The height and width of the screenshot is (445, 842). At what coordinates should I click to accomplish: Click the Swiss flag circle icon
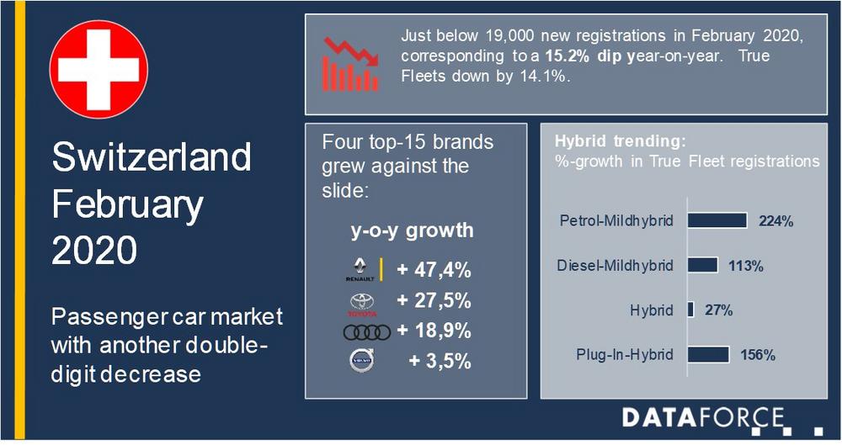coord(99,69)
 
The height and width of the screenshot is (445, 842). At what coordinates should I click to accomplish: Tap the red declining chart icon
coord(350,64)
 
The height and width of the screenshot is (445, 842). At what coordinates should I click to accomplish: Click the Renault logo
coord(360,269)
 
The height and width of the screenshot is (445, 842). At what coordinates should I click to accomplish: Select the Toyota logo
coord(362,305)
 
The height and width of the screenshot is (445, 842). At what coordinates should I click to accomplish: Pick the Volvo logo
coord(362,360)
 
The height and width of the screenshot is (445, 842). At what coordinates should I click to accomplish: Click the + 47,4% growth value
coord(434,269)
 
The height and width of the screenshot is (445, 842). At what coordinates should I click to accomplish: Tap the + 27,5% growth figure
coord(434,300)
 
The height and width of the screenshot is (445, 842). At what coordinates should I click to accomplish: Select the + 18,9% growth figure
coord(434,331)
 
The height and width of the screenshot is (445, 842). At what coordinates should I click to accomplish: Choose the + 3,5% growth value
coord(440,361)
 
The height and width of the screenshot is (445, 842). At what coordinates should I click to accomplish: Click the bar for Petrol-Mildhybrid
coord(717,220)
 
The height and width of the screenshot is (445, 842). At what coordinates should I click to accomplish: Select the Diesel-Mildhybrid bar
coord(703,265)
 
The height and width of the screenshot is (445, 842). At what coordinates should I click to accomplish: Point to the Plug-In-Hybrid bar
coord(709,354)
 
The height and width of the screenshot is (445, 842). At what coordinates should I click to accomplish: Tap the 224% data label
coord(776,221)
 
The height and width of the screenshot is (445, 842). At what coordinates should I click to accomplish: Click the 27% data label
coord(718,310)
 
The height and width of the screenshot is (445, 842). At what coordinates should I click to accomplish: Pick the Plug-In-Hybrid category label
coord(625,355)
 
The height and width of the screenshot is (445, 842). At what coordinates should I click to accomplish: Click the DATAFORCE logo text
coord(703,417)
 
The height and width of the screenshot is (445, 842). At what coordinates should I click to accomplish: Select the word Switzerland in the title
coord(152,156)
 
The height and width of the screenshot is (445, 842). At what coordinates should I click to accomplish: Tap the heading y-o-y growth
coord(413,230)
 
